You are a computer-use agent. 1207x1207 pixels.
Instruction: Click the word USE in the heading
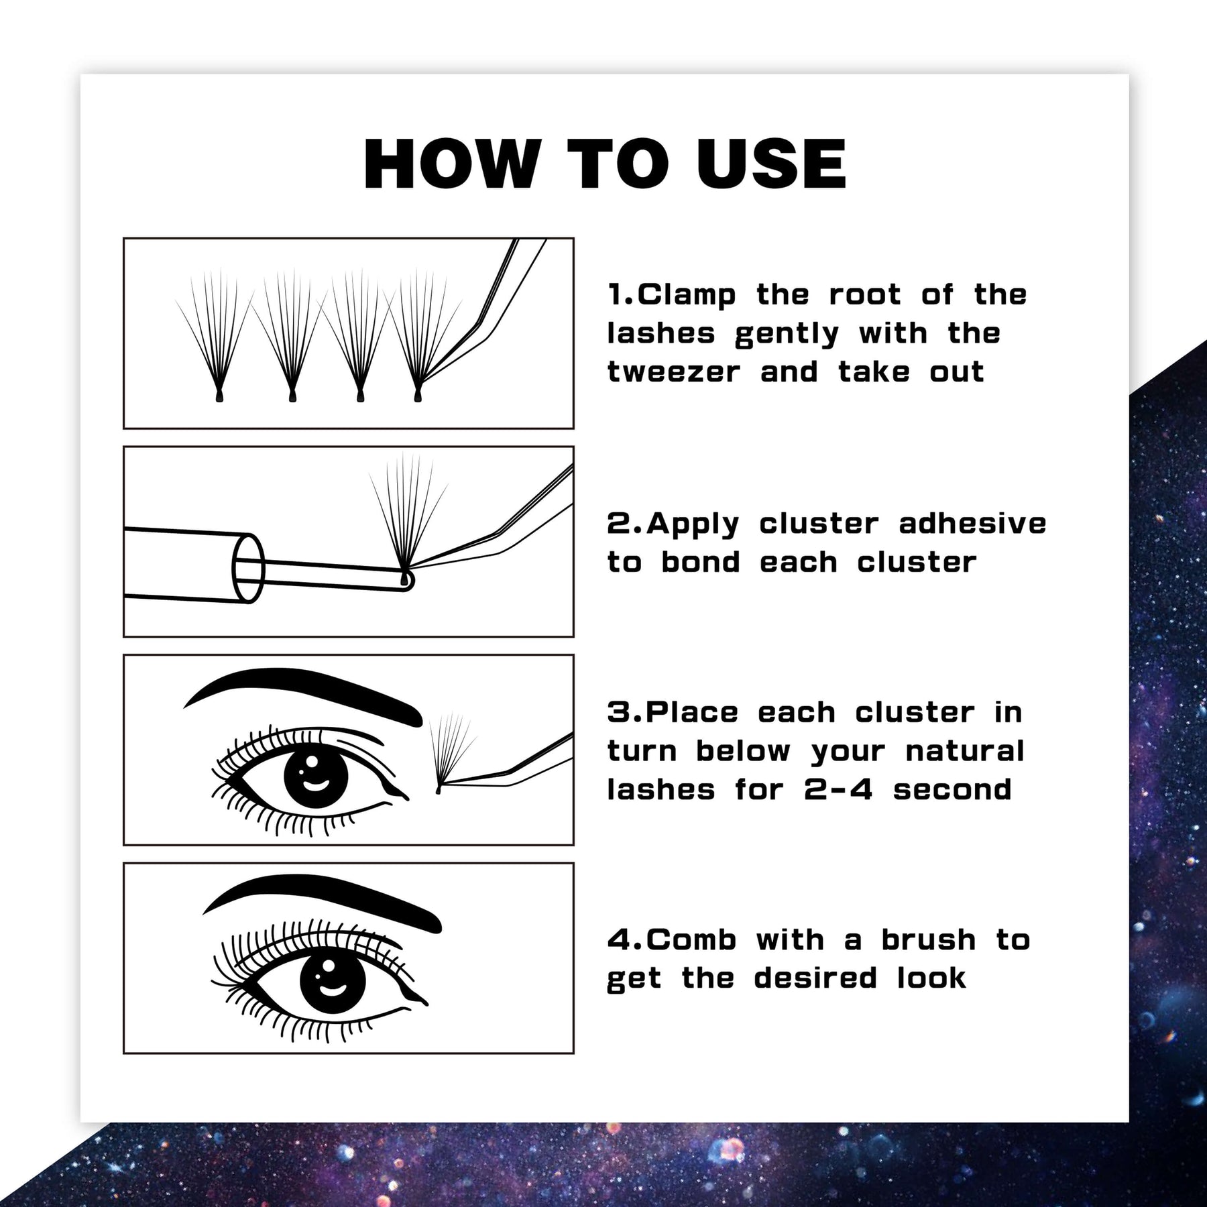pyautogui.click(x=771, y=164)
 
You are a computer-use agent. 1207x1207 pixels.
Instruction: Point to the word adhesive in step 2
pyautogui.click(x=972, y=524)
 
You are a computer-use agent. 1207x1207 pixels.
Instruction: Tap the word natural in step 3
pyautogui.click(x=965, y=751)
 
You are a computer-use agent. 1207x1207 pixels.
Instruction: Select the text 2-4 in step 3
pyautogui.click(x=839, y=790)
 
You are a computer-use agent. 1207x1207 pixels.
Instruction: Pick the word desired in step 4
pyautogui.click(x=815, y=978)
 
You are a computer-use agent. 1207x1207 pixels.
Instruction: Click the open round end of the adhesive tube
pyautogui.click(x=248, y=569)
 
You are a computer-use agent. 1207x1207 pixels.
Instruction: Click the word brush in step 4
pyautogui.click(x=929, y=940)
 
